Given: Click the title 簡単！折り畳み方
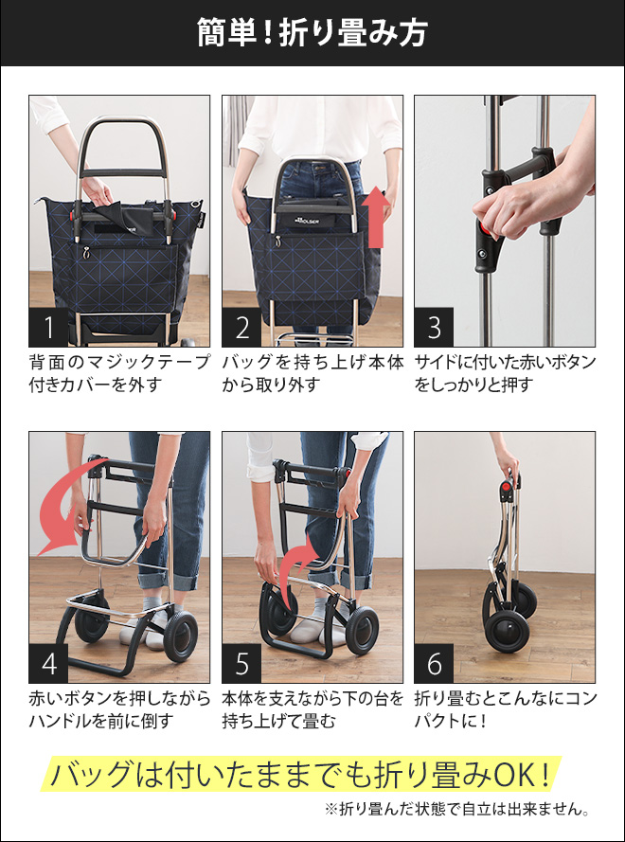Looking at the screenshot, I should pos(312,33).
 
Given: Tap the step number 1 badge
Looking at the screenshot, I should pos(48,328).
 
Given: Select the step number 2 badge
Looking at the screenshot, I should pos(241,328).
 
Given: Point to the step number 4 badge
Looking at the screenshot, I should pos(48,664).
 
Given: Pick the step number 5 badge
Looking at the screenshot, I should pos(241,664).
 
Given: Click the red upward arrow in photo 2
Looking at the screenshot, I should pos(377,218).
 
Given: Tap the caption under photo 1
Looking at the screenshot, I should pos(119,373).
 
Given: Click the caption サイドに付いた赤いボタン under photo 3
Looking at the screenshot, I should pos(505,363).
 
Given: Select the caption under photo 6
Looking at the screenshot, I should pos(505,709).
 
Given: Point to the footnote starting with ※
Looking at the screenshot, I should pos(457,809).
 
